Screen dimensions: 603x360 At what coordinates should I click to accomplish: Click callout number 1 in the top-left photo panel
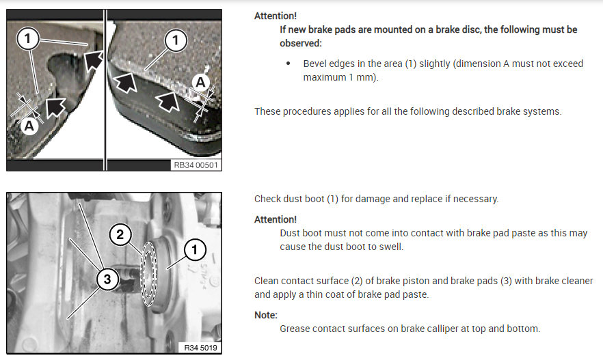27,38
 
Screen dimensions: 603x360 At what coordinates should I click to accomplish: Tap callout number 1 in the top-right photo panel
175,40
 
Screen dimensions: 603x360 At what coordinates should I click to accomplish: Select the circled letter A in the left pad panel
29,126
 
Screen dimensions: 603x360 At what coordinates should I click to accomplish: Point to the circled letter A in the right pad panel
200,82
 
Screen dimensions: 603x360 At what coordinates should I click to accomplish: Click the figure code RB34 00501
196,165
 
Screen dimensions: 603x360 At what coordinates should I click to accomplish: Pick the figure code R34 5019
200,348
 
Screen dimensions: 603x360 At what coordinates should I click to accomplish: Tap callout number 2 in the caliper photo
120,234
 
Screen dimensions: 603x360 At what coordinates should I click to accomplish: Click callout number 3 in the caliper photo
107,279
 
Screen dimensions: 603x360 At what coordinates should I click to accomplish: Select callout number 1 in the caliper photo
195,250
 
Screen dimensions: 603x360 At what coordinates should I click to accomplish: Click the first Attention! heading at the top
276,16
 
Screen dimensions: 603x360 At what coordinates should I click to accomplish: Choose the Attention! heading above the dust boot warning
276,219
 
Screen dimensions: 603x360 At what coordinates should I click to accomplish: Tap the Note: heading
266,315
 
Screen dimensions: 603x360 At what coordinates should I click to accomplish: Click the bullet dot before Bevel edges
288,64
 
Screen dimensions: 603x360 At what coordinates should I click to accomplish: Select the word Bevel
314,64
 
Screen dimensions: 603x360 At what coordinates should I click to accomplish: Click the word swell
391,247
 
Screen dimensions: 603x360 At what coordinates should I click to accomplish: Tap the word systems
544,111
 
